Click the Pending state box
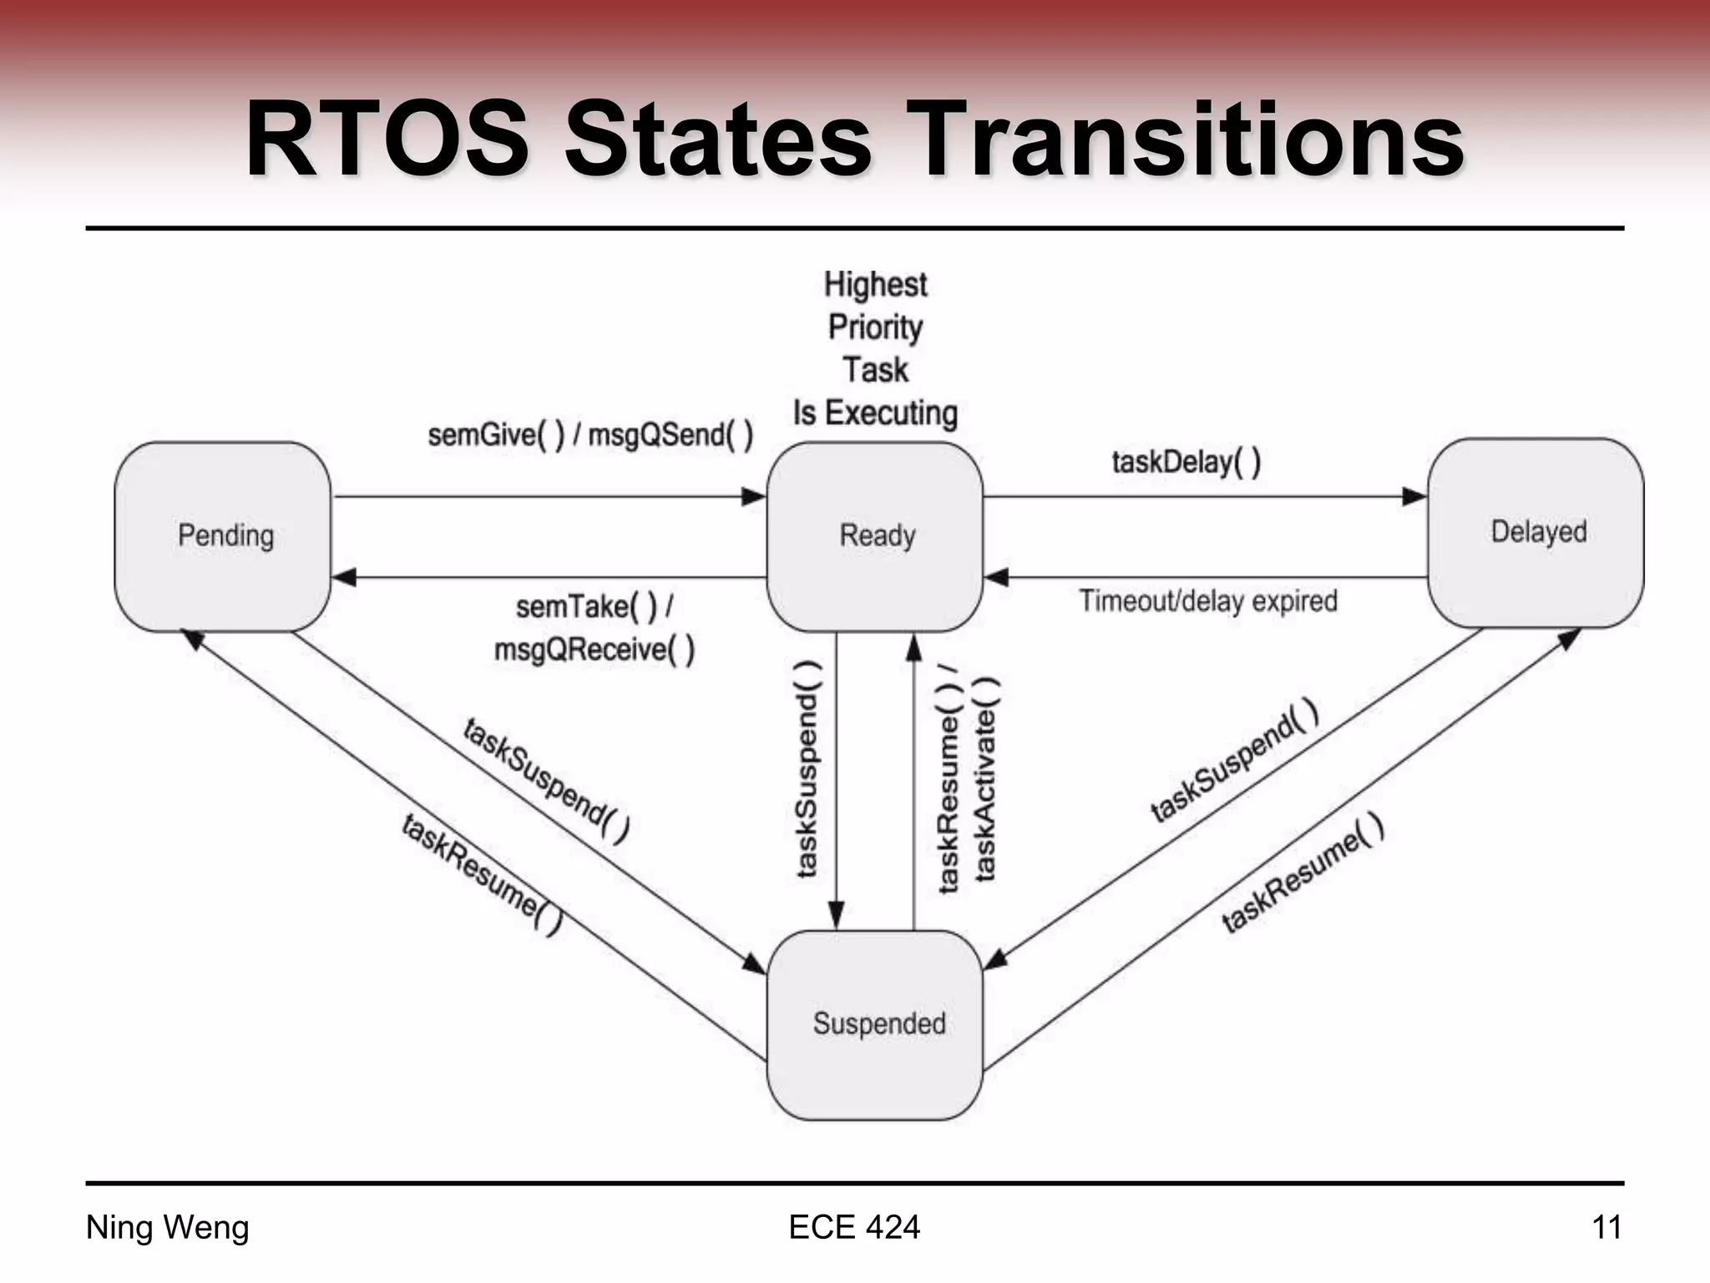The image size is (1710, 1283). [x=223, y=536]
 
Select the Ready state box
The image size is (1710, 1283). [x=874, y=536]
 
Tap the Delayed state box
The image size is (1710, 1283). [x=1535, y=533]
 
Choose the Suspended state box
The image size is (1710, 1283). [x=874, y=1025]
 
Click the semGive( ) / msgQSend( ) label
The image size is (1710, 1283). [x=590, y=435]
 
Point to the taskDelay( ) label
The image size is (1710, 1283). [x=1186, y=462]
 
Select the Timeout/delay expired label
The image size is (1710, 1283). [x=1207, y=601]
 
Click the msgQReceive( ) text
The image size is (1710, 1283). [x=594, y=650]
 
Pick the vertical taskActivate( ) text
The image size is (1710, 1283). [x=986, y=779]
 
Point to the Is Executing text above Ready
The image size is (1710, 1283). [x=874, y=413]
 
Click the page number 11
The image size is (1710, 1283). [x=1606, y=1228]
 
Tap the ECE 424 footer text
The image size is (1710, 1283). [x=854, y=1228]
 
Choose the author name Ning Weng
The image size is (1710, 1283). [x=168, y=1228]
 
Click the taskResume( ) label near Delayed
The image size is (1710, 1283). [x=1303, y=873]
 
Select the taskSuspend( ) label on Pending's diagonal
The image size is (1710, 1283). [x=546, y=780]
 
